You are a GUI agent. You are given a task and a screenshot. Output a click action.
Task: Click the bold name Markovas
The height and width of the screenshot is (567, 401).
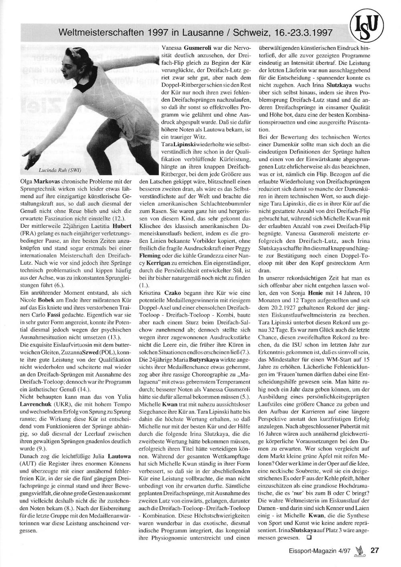tap(46, 182)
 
